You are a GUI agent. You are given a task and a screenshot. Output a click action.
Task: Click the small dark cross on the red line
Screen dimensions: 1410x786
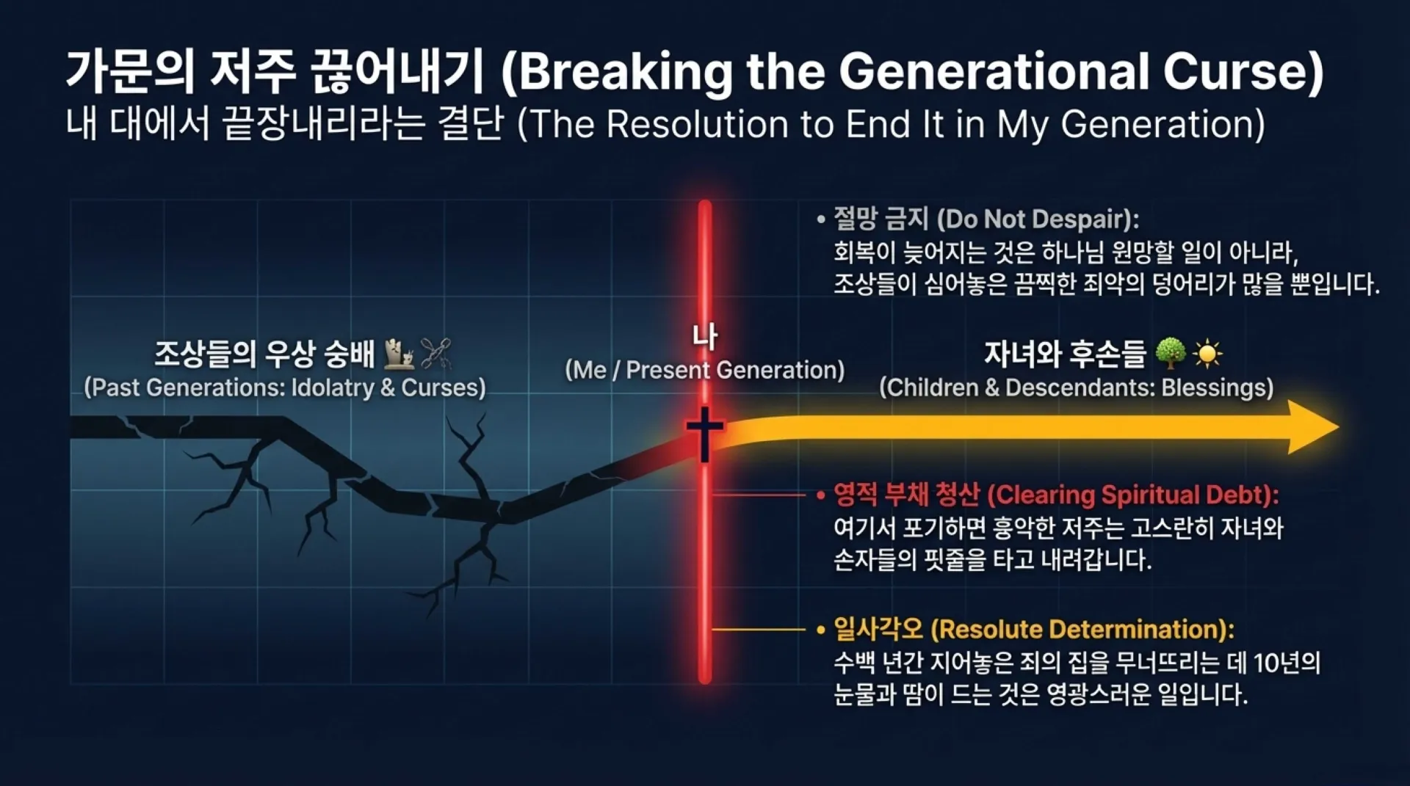tap(704, 433)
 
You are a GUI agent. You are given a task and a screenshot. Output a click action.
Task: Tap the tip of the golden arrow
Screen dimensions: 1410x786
tap(1338, 427)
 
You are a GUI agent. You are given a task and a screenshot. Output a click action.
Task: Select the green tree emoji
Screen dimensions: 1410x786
tap(1170, 354)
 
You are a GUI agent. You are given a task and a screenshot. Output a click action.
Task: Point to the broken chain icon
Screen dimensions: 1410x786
tap(435, 354)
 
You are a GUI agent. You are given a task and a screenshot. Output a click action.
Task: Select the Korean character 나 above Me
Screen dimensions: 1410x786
tap(705, 338)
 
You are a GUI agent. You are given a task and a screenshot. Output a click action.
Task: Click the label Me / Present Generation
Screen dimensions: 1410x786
tap(705, 370)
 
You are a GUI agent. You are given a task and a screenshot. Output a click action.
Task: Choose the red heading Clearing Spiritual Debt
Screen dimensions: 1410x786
tap(1134, 495)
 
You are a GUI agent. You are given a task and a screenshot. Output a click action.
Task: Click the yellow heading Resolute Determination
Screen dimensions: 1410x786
tap(1082, 629)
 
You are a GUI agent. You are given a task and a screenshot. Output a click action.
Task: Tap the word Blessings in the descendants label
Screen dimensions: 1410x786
tap(1217, 387)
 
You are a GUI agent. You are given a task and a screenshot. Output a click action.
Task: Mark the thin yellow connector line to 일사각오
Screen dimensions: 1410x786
tap(759, 629)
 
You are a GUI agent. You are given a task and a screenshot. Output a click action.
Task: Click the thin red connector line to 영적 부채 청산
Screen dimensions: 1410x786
tap(759, 495)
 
